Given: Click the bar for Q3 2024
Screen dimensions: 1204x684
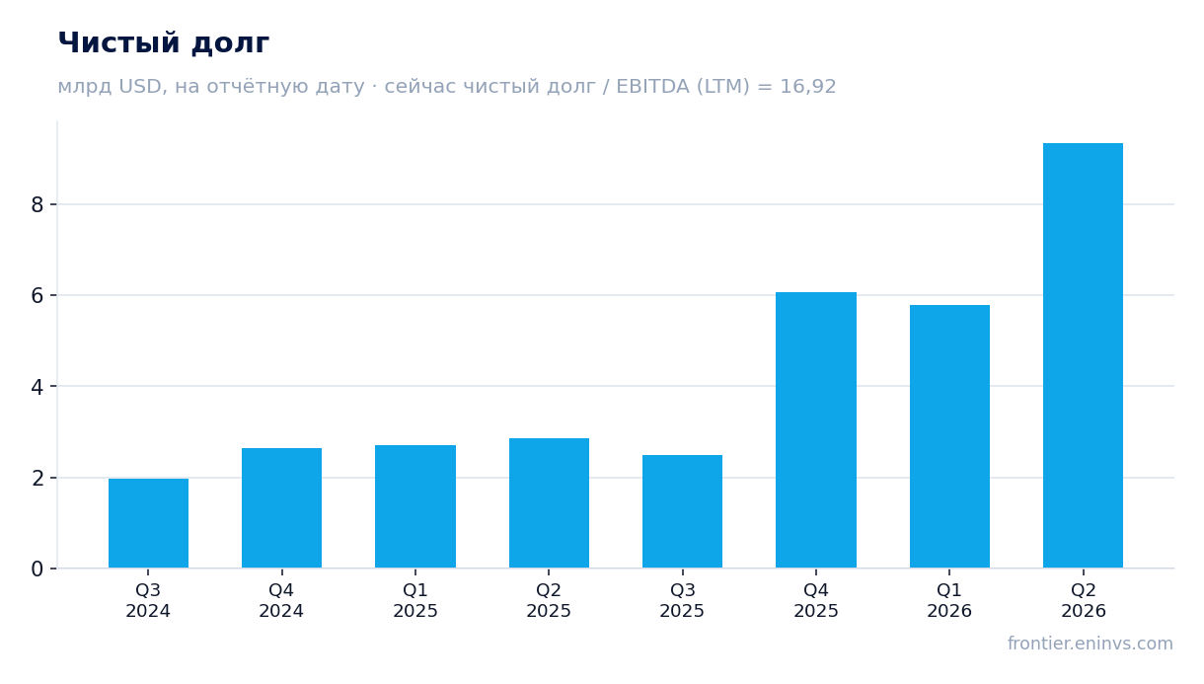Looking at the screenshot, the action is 148,523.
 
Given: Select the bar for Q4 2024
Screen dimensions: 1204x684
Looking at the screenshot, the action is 281,507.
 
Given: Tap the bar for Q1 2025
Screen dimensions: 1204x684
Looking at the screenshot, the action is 415,506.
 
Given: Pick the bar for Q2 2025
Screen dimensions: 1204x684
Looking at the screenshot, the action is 549,502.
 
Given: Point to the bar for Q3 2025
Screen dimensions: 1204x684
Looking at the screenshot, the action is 683,511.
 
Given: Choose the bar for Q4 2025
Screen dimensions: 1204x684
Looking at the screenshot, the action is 816,430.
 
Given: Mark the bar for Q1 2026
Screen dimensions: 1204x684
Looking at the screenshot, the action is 949,436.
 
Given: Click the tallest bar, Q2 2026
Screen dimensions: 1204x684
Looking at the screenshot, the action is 1083,355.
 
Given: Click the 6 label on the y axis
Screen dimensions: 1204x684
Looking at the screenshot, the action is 38,295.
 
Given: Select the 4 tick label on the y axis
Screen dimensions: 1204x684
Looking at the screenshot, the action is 38,386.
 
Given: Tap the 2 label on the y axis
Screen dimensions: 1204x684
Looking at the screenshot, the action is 38,478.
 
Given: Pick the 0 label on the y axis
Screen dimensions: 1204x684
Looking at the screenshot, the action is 38,569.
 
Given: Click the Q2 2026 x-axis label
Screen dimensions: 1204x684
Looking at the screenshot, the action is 1083,600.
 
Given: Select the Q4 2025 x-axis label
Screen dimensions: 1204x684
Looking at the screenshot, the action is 816,600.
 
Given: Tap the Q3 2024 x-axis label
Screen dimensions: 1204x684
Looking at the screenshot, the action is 148,600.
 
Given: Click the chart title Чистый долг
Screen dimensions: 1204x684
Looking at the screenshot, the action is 164,43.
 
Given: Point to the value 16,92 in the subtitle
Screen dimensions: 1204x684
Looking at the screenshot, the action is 808,87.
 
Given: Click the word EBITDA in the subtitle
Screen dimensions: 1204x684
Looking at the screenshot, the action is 652,86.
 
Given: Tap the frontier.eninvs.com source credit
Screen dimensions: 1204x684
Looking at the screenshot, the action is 1091,644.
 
